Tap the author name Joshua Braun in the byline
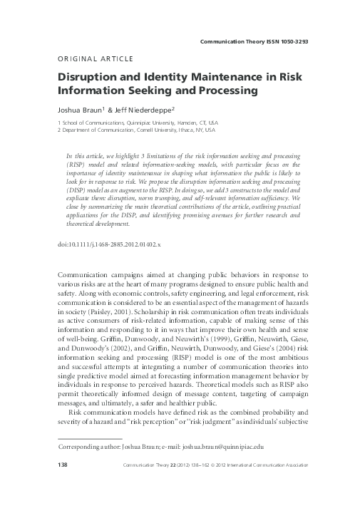click(77, 111)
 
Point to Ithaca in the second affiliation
click(190, 131)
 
